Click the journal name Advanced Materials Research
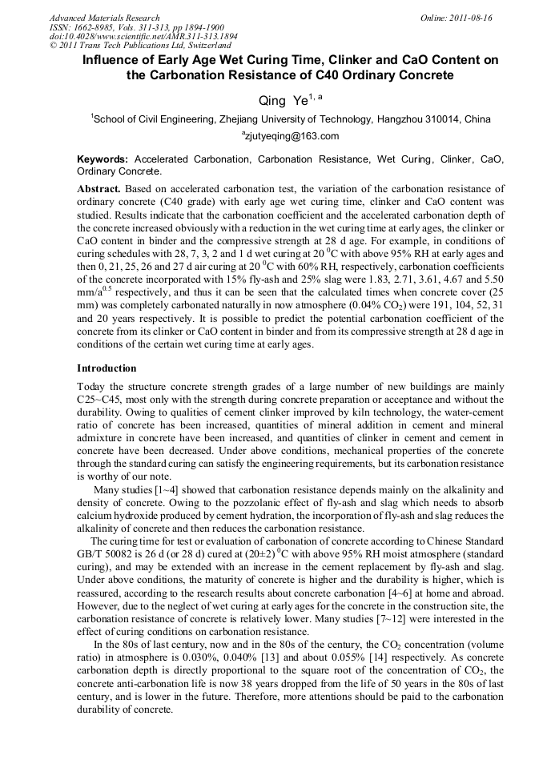104,18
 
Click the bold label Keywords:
103,159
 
